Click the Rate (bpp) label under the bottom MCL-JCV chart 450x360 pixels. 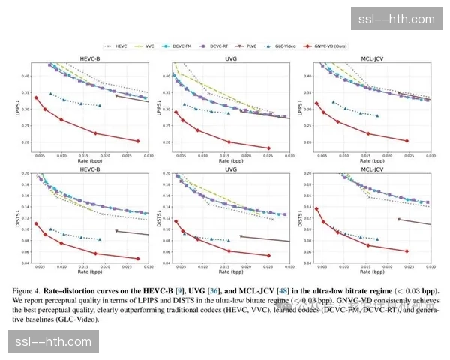click(369, 274)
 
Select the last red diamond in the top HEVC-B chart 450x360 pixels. click(138, 141)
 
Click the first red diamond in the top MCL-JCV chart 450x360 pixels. click(316, 103)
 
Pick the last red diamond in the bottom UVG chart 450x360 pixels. click(268, 255)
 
